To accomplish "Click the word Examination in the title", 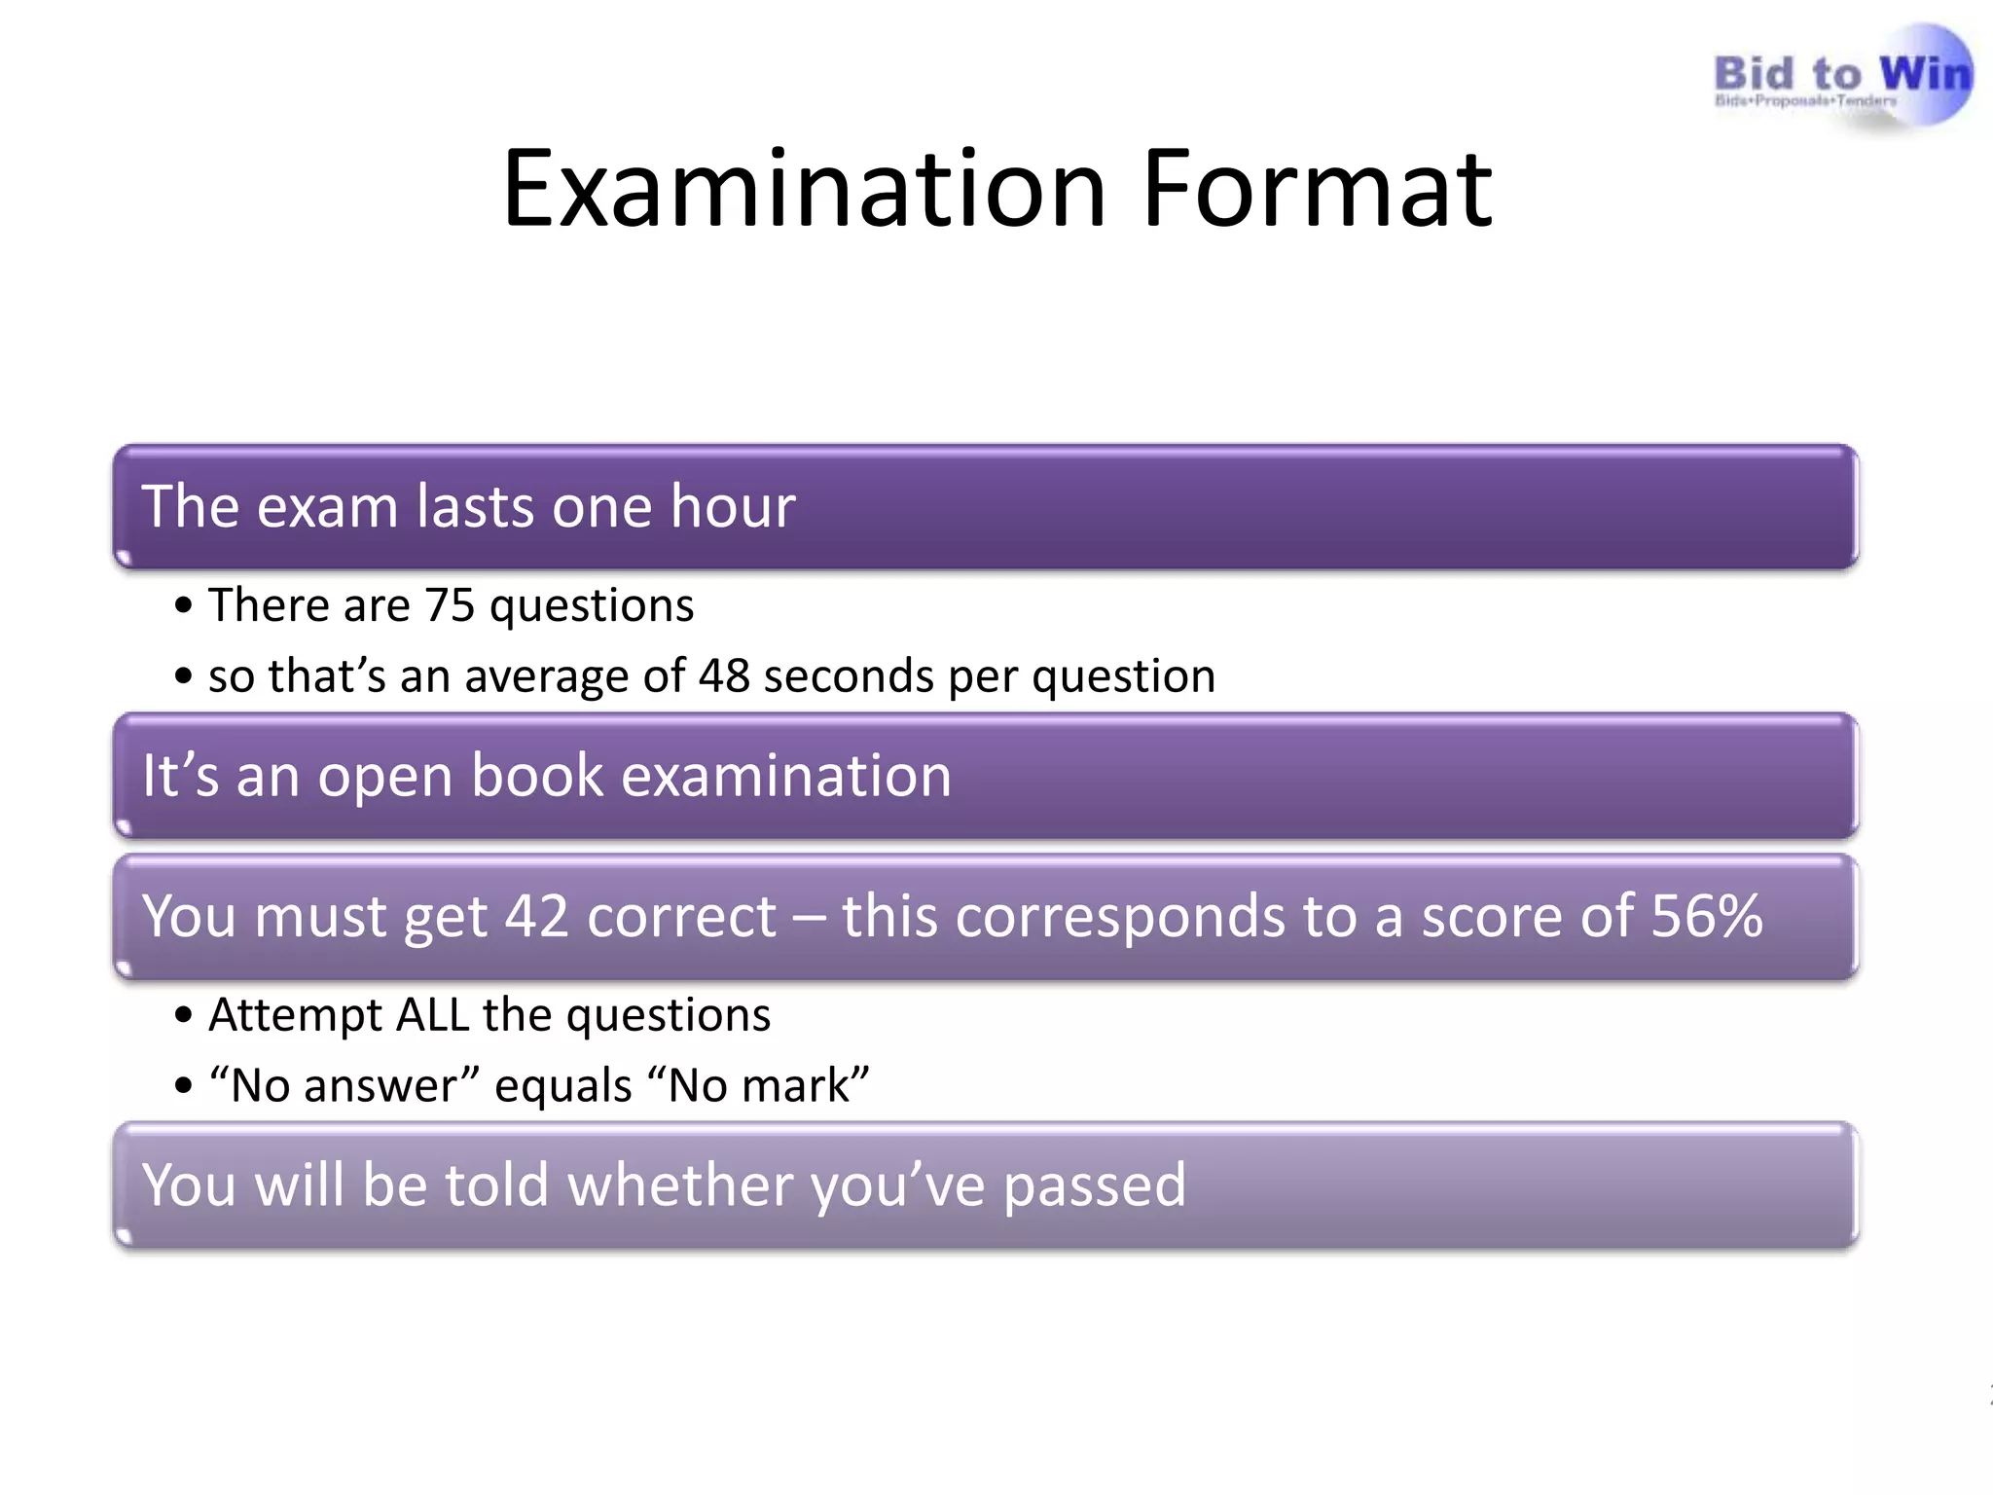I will tap(804, 189).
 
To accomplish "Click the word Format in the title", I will tap(1318, 189).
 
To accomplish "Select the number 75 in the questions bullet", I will tap(450, 605).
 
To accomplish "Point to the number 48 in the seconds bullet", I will tap(724, 676).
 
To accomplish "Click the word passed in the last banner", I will tap(1094, 1185).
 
